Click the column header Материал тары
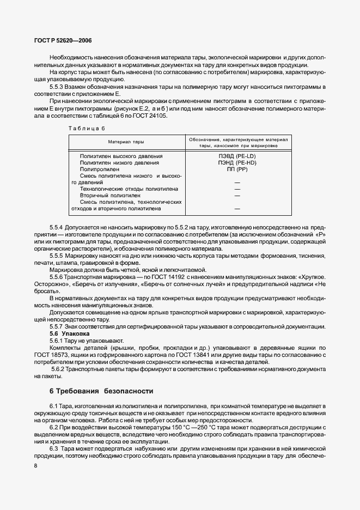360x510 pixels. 126,142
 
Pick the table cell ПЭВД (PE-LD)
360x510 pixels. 237,156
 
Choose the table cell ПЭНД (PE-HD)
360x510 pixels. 237,162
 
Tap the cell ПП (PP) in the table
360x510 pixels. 237,169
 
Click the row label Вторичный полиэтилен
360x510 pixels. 110,195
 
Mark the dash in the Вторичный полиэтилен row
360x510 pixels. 237,195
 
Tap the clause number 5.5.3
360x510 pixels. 58,87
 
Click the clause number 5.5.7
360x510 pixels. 58,326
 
